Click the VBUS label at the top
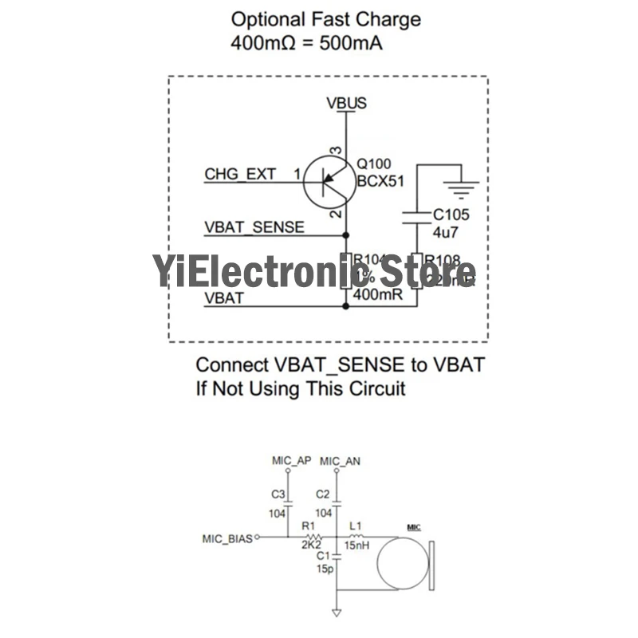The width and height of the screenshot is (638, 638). [x=346, y=103]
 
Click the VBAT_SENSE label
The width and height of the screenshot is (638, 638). [x=254, y=227]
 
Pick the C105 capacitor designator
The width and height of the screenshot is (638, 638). [x=451, y=215]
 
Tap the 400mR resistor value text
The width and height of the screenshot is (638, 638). [x=374, y=296]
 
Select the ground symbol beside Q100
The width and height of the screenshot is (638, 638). [x=461, y=186]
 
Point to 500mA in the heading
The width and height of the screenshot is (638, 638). [x=349, y=43]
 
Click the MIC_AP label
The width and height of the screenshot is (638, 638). [x=290, y=462]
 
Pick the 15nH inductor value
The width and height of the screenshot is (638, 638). [x=355, y=547]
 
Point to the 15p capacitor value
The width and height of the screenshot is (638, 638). [x=323, y=569]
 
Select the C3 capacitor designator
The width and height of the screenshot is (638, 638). [x=278, y=494]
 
